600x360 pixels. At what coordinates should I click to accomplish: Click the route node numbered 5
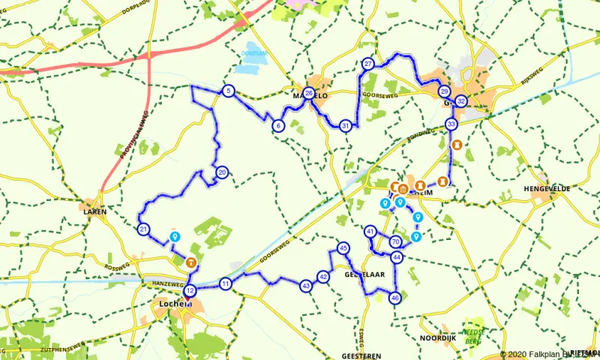228,91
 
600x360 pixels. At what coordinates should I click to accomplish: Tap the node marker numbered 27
367,64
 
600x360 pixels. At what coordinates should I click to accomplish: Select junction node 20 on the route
222,172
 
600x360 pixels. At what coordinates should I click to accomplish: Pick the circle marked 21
143,229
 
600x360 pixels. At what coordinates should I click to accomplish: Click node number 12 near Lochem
190,290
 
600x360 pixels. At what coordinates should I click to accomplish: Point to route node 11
226,283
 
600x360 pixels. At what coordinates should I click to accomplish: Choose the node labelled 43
305,286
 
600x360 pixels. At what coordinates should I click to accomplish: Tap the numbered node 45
343,248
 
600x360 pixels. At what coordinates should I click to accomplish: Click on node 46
395,298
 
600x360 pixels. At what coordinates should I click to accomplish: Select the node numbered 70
395,241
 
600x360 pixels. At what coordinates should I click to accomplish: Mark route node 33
451,124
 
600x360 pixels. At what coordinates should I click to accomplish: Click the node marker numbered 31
345,125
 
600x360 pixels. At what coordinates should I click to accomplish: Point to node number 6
278,126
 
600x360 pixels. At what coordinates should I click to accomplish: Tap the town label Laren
95,211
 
